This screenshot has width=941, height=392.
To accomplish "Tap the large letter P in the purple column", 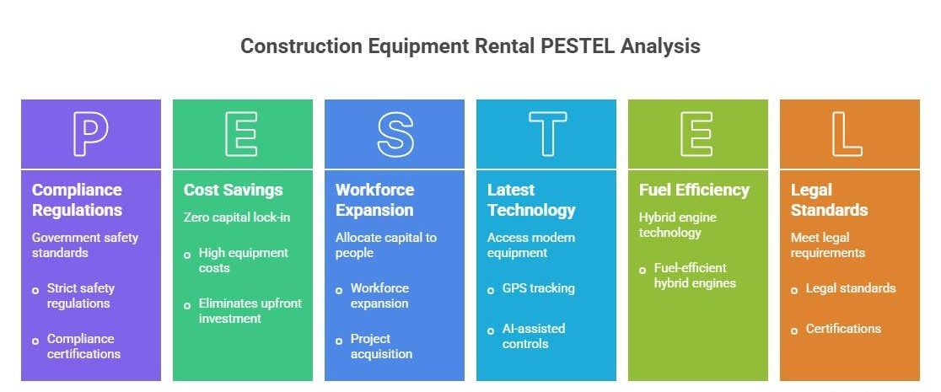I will (x=90, y=134).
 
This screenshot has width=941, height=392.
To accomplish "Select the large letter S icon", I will (x=395, y=134).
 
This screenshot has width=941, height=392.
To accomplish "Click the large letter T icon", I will (x=546, y=134).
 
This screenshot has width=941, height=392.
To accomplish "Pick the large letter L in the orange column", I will (x=849, y=134).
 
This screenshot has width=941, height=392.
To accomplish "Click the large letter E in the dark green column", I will (x=242, y=134).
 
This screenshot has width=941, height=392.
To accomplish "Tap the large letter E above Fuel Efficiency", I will (x=698, y=134).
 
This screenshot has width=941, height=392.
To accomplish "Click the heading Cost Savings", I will (x=234, y=190).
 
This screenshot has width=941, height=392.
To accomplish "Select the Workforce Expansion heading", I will (x=374, y=200).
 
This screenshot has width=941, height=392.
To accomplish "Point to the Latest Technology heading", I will (x=531, y=200).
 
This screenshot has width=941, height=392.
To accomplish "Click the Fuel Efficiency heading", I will (x=694, y=190).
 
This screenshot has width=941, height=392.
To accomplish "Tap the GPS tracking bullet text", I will (x=538, y=288).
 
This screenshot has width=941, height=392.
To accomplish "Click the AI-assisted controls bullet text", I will (x=534, y=336).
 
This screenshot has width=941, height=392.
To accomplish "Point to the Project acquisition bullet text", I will (x=381, y=346).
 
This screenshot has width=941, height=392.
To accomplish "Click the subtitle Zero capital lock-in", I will (x=237, y=217).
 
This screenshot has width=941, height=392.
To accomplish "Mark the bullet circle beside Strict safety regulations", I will (x=35, y=290).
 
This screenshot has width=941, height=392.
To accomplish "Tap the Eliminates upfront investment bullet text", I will (x=250, y=310).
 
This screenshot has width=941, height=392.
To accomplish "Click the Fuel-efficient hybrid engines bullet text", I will (x=695, y=276).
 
